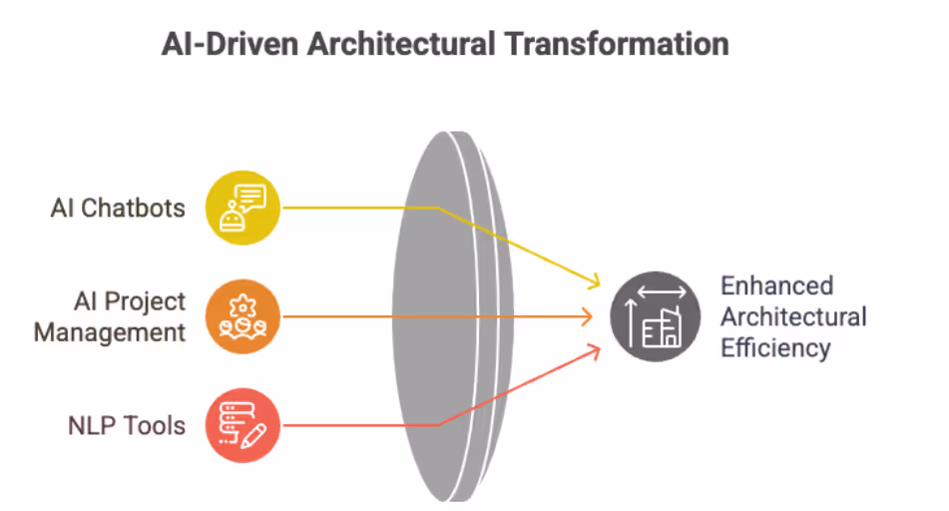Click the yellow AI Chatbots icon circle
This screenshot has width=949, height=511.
pyautogui.click(x=243, y=208)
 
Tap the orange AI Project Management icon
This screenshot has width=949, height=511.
pyautogui.click(x=243, y=316)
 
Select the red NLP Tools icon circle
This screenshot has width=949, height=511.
pyautogui.click(x=243, y=426)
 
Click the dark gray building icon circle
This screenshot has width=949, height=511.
pyautogui.click(x=655, y=316)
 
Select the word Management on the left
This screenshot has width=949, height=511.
pyautogui.click(x=110, y=332)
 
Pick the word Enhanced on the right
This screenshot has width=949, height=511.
pyautogui.click(x=776, y=285)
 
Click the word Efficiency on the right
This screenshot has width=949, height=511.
pyautogui.click(x=775, y=348)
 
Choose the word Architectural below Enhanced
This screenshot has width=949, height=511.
pyautogui.click(x=793, y=317)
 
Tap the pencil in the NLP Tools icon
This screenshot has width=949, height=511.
pyautogui.click(x=251, y=435)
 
